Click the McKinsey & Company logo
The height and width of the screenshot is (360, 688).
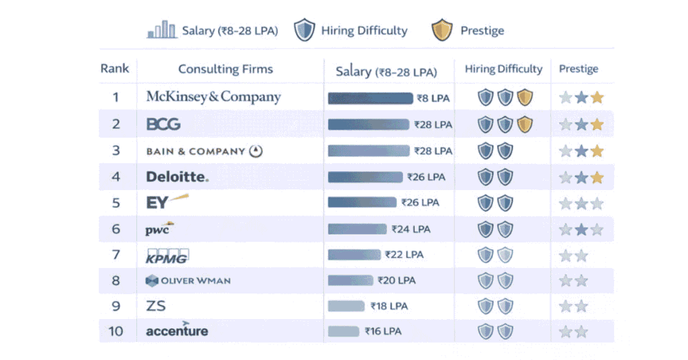point(214,97)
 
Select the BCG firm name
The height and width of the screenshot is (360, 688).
point(163,124)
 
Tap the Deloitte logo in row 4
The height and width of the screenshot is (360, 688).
point(177,177)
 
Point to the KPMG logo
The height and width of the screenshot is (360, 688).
point(167,255)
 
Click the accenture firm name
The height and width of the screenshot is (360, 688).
point(177,330)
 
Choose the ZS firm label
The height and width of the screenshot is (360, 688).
point(156,306)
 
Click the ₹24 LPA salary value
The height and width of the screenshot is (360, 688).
point(411,229)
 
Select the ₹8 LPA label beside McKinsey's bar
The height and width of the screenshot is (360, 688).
point(433,98)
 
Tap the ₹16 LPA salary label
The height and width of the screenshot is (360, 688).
point(384,331)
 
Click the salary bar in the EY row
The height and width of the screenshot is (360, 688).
point(362,203)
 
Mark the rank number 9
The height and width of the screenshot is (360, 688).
point(116,306)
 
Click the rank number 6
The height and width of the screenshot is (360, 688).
point(116,229)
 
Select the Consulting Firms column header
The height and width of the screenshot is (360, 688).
point(226,69)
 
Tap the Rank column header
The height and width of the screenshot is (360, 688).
point(115,69)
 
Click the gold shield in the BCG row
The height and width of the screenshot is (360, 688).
point(525,124)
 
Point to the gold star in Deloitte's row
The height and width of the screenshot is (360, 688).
point(597,177)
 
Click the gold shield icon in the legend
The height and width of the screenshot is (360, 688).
point(441,30)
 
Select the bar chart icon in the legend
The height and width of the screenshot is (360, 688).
point(162,30)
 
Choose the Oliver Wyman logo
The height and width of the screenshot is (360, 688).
point(188,281)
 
